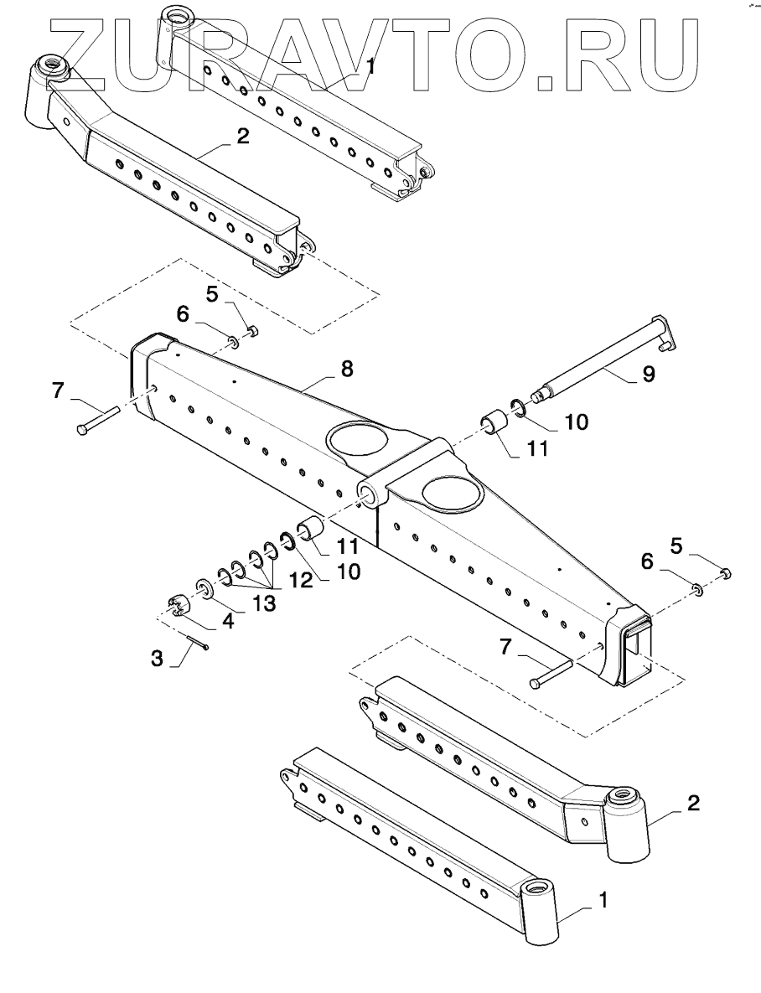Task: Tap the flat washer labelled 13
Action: [x=204, y=587]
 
